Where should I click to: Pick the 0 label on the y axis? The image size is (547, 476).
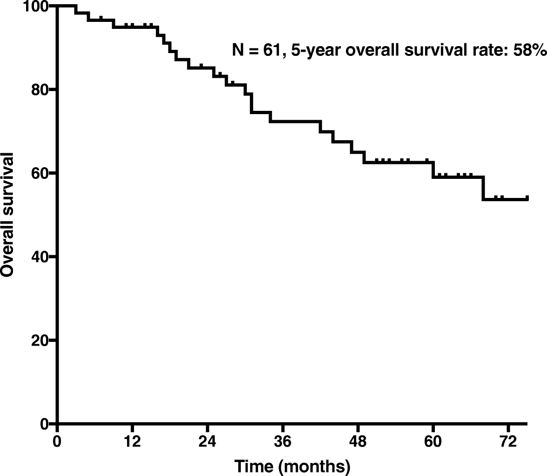tap(45, 423)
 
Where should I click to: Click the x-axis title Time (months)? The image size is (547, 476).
tap(292, 465)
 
